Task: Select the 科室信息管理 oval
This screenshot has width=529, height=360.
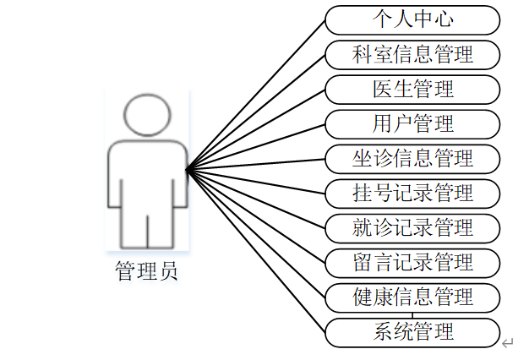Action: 412,54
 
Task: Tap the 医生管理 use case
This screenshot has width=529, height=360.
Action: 412,89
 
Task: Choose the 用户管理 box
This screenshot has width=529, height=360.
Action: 412,123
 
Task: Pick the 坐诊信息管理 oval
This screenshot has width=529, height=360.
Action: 412,158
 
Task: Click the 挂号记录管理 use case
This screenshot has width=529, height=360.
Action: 412,193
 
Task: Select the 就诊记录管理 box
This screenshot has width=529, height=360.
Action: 412,227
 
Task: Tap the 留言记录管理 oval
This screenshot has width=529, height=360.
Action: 412,262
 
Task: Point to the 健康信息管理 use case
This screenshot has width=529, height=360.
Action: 412,297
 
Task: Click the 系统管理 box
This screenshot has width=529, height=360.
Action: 412,331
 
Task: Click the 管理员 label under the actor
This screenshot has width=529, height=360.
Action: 146,272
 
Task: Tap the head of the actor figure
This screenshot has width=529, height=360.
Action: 147,115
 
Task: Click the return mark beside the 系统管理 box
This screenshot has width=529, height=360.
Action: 507,342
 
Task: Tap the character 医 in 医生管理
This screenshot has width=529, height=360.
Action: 382,89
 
